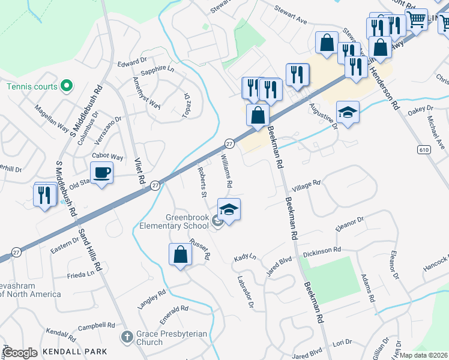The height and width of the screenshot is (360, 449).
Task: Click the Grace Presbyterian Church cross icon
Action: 126,337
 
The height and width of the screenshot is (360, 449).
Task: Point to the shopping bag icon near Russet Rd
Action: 180,255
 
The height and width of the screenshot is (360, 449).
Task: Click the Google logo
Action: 20,353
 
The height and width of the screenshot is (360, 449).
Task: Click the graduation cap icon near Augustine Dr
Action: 348,112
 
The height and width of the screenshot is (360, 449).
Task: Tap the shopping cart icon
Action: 416,20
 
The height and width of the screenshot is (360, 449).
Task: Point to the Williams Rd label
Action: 226,169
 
